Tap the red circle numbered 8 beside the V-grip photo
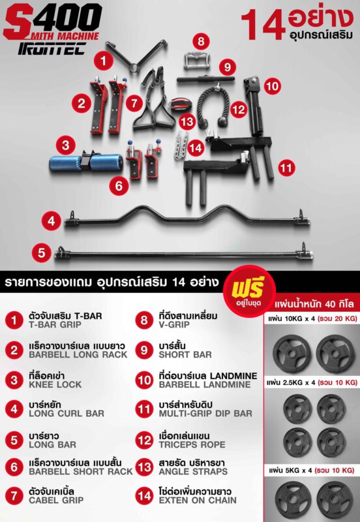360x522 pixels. tap(201, 41)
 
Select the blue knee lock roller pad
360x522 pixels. tap(86, 162)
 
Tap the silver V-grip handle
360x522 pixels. tap(195, 61)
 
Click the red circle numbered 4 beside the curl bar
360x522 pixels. tap(52, 221)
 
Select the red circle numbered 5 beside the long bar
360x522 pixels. tap(41, 253)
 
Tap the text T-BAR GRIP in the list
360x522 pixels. tap(55, 324)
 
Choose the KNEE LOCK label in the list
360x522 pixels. tap(55, 384)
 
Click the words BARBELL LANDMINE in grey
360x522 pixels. tap(205, 384)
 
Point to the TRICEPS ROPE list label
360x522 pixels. tap(192, 444)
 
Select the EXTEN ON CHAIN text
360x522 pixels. tap(198, 500)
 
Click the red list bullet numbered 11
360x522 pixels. tap(144, 409)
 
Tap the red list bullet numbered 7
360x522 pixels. tap(14, 495)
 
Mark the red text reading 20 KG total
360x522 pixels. tap(337, 318)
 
